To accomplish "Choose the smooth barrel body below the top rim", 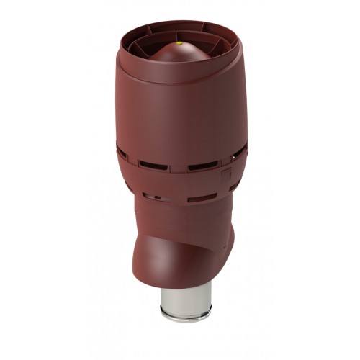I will click(180, 115).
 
